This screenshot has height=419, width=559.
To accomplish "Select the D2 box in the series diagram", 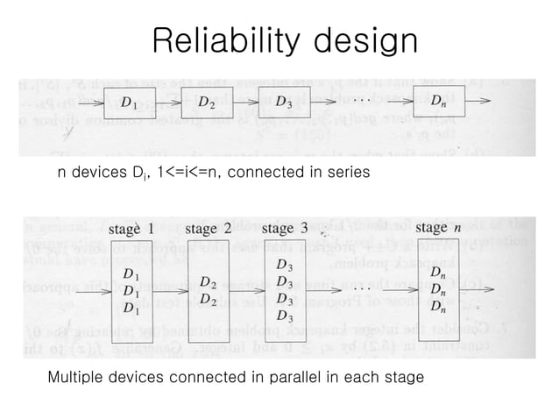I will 208,103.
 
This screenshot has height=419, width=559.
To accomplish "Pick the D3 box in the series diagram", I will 284,103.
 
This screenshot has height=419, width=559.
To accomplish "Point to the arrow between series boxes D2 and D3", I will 246,103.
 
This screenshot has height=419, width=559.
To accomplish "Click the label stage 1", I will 131,229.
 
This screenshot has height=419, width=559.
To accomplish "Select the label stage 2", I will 208,229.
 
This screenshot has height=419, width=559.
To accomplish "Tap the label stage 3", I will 284,229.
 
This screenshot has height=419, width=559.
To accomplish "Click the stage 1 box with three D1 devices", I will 131,290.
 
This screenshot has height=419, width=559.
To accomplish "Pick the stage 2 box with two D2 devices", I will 208,290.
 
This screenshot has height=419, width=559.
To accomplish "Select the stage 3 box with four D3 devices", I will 285,290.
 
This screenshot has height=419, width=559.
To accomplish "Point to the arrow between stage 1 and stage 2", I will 170,290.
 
